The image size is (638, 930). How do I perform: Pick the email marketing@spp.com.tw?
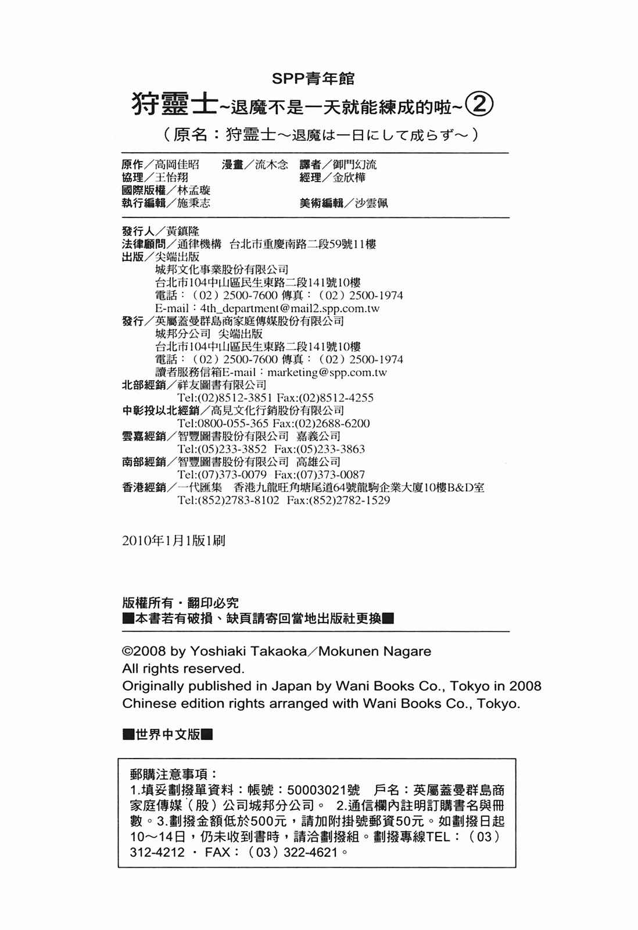point(327,373)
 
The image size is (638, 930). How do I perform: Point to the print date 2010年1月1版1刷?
point(174,541)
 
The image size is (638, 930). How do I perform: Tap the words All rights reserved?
point(183,668)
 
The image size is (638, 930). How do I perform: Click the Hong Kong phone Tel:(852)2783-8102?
point(228,500)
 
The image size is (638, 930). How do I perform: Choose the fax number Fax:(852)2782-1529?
point(338,500)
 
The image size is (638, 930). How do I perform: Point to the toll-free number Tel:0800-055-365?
point(223,424)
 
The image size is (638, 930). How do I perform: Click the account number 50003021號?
point(323,791)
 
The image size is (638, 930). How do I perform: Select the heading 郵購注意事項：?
point(174,774)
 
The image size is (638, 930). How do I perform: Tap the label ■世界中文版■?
point(168,735)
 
